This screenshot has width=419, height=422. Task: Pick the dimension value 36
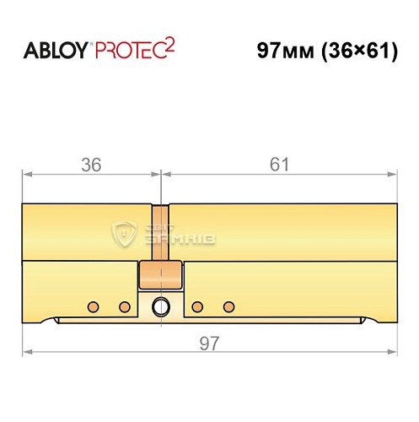click(91, 165)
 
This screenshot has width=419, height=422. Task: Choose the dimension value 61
click(278, 165)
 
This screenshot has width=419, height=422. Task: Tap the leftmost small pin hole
click(95, 305)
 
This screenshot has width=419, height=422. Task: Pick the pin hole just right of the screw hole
click(196, 305)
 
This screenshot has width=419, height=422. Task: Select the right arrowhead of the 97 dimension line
click(392, 351)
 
